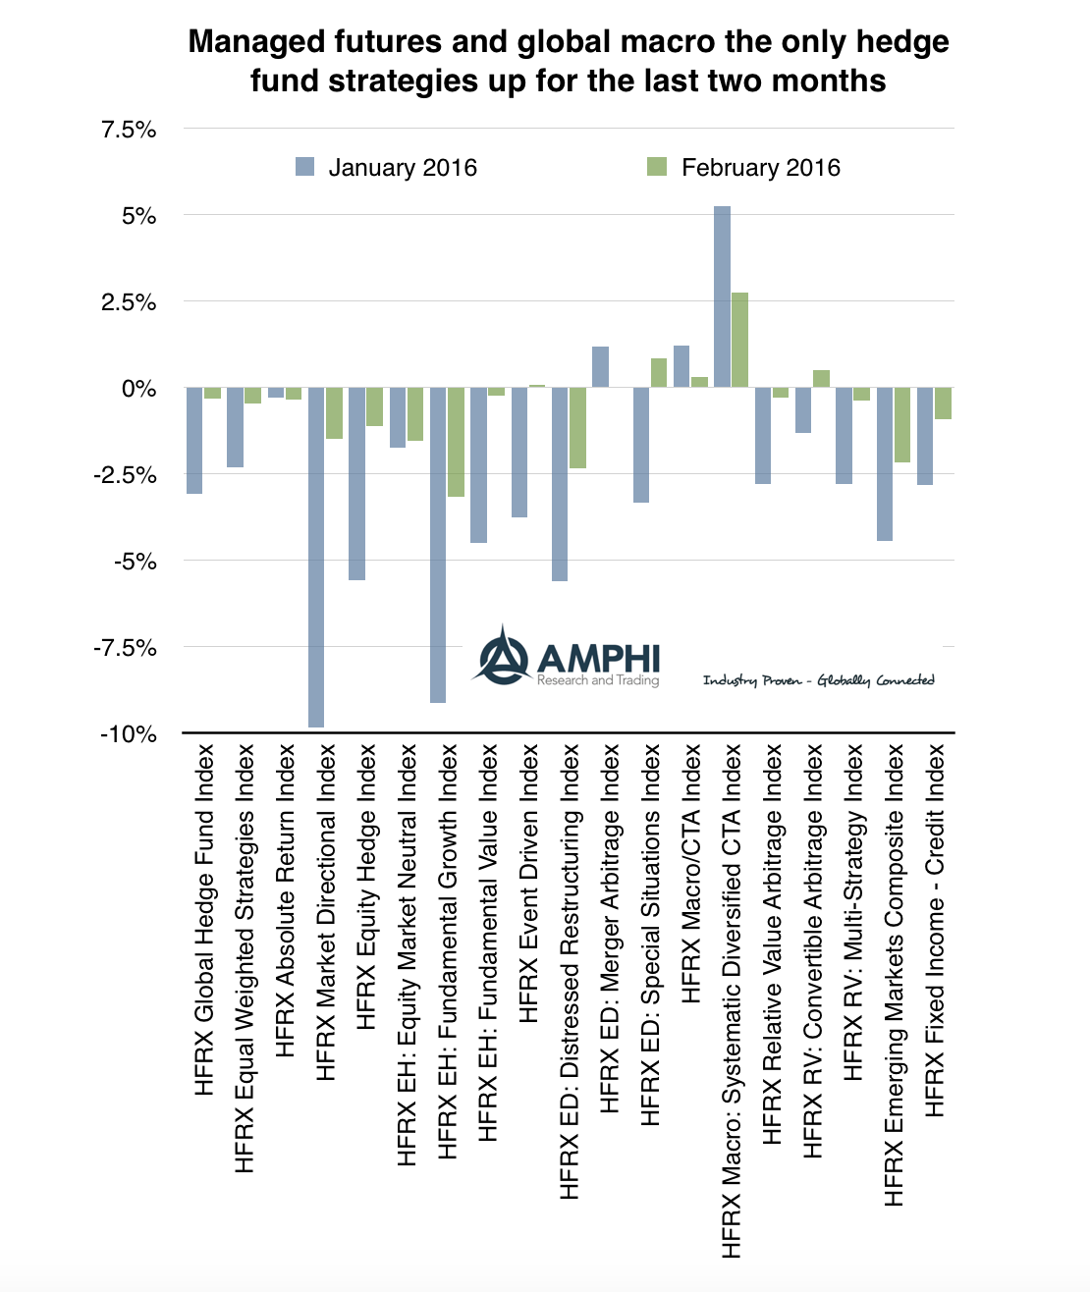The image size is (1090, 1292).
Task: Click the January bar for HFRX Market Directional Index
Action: coord(316,557)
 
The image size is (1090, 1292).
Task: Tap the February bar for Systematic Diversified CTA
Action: coord(739,339)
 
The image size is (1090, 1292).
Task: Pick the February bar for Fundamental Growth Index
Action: coord(456,442)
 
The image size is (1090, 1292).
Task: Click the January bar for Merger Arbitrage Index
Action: coord(600,366)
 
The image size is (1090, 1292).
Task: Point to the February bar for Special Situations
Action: coord(658,373)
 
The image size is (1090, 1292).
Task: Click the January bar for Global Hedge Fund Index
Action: coord(194,440)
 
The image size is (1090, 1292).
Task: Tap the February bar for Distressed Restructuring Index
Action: coord(577,427)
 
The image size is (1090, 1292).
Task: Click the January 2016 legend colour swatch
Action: coord(305,167)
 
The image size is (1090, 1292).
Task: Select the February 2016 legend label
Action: coord(760,168)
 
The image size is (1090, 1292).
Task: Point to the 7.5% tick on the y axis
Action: coord(129,130)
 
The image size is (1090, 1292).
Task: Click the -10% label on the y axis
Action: coord(128,734)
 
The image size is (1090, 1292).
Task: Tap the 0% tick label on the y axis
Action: coord(138,389)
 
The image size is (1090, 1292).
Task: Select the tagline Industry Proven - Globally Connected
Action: coord(818,680)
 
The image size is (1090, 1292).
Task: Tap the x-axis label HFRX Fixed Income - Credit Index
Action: coord(935,929)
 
